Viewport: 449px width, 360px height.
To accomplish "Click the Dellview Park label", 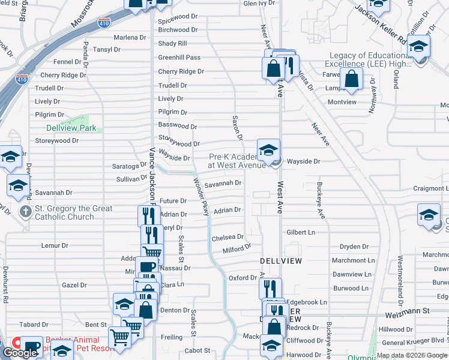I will click(x=71, y=128).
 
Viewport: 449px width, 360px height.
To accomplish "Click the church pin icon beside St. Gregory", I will click(x=25, y=211).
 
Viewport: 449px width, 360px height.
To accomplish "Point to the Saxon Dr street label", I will click(x=237, y=130).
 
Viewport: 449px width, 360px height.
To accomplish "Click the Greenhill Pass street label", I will click(x=179, y=58).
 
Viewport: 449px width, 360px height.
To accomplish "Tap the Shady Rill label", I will click(x=172, y=44).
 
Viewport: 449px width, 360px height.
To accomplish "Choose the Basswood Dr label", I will click(x=177, y=126).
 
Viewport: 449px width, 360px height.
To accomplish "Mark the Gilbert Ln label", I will click(x=300, y=232).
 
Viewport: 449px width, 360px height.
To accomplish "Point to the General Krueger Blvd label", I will click(x=415, y=342).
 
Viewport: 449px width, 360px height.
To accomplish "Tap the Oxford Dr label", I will click(x=243, y=278).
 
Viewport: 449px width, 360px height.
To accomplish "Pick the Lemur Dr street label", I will click(x=55, y=245).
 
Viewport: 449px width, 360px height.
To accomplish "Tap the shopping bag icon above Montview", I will click(x=351, y=79).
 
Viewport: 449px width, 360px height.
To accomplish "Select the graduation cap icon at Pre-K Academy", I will click(x=268, y=149).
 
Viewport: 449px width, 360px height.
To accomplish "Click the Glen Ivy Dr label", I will click(x=259, y=3).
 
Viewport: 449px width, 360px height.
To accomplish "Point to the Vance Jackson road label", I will click(x=152, y=174).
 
